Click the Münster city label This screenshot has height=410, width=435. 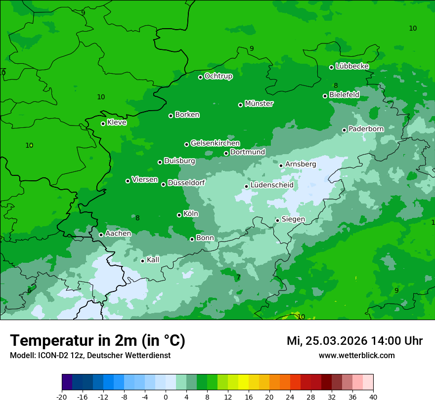point(259,104)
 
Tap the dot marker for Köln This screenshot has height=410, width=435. point(179,215)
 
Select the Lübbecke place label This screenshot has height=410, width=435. point(352,66)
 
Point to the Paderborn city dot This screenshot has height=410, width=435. point(345,130)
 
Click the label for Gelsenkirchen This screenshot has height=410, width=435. point(215,143)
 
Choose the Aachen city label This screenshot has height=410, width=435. point(118,234)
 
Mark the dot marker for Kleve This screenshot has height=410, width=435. point(103,123)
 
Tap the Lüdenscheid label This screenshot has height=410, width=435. point(272,185)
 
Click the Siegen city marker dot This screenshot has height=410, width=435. point(278,220)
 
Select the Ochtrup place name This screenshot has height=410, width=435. point(218,76)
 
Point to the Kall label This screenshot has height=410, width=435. point(153,260)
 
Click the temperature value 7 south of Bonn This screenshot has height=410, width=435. point(238,277)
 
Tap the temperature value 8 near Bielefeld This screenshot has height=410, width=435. point(336,85)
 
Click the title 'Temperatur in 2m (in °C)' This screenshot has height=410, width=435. point(98,340)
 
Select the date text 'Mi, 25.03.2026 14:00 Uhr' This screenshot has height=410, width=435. point(354,341)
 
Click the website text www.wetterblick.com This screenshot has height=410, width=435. point(356,355)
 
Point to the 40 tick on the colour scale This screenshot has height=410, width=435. point(373,397)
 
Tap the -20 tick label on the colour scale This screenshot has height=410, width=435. point(62,397)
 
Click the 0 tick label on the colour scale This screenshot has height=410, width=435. point(166,397)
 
